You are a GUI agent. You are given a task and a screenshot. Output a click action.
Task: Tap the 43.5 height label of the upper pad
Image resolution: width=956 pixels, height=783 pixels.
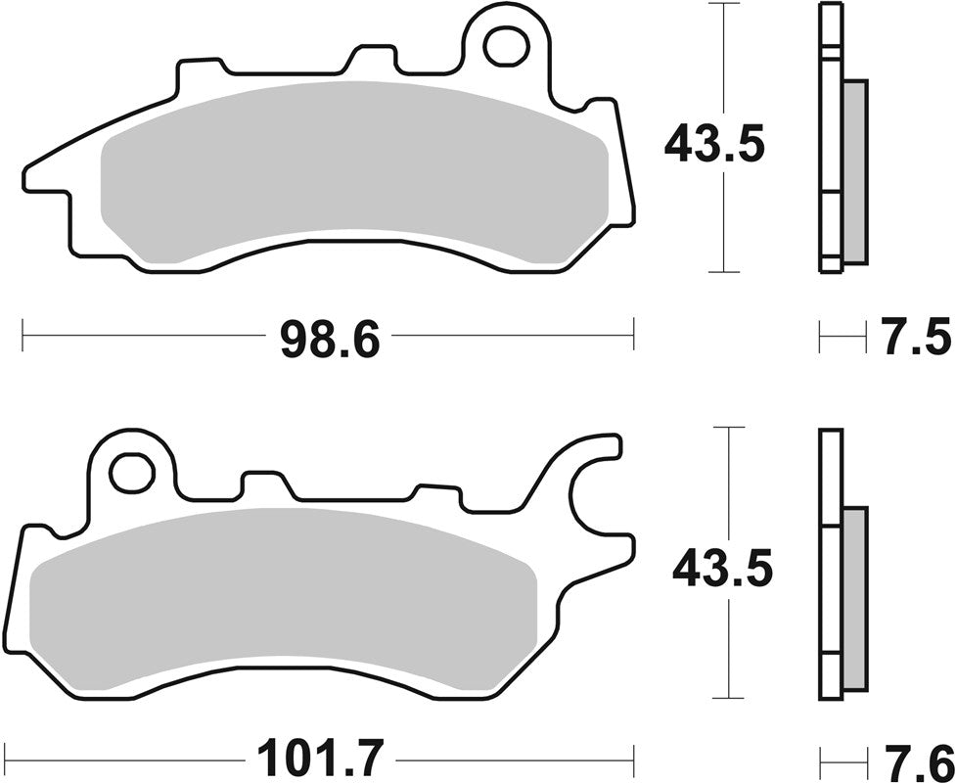[714, 145]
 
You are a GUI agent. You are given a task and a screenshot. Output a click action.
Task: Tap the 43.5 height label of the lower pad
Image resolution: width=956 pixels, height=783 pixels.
[723, 568]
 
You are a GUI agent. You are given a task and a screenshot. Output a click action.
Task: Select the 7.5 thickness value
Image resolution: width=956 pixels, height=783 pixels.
[915, 339]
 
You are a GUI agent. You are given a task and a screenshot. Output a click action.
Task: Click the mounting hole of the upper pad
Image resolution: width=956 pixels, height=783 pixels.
[508, 45]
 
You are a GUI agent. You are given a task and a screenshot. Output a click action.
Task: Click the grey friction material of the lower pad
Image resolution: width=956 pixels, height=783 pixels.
[284, 597]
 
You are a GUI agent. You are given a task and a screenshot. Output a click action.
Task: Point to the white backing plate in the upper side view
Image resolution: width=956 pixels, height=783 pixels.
[829, 137]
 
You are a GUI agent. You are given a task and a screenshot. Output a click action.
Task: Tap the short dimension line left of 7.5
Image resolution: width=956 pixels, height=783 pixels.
[842, 339]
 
